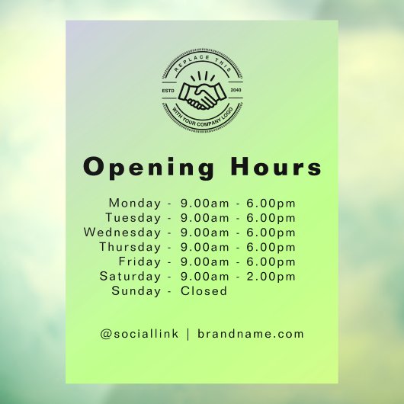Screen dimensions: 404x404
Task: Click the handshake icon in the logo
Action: pyautogui.click(x=202, y=95)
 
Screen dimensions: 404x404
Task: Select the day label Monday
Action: pyautogui.click(x=135, y=204)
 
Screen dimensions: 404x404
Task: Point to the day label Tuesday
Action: pyautogui.click(x=134, y=218)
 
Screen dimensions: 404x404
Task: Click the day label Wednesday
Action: pyautogui.click(x=123, y=232)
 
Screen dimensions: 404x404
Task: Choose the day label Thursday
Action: pyautogui.click(x=130, y=247)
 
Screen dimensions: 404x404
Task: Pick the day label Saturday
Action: pyautogui.click(x=130, y=276)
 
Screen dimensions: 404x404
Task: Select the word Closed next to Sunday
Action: pyautogui.click(x=204, y=290)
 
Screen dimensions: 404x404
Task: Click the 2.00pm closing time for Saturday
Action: pyautogui.click(x=271, y=276)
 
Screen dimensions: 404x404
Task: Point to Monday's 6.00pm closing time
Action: pyautogui.click(x=271, y=204)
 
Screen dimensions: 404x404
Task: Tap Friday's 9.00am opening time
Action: pyautogui.click(x=204, y=261)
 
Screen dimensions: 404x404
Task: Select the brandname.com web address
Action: pyautogui.click(x=251, y=334)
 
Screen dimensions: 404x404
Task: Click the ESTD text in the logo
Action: pyautogui.click(x=169, y=91)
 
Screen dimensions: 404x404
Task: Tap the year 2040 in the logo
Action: pyautogui.click(x=235, y=91)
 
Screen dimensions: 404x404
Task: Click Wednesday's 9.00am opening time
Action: pyautogui.click(x=204, y=232)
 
